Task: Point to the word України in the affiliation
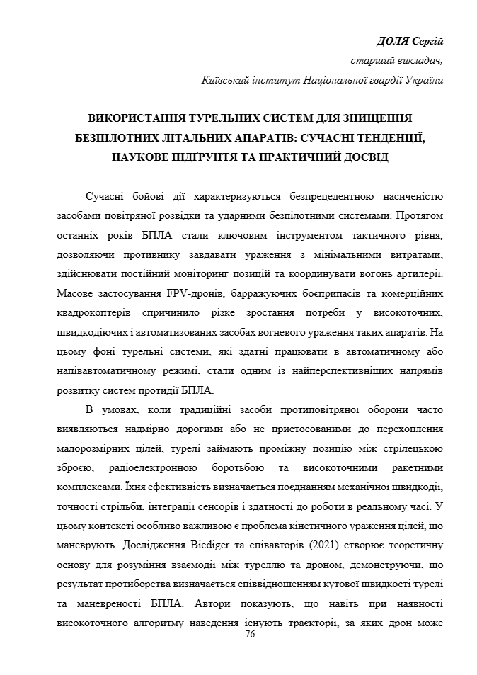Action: [423, 80]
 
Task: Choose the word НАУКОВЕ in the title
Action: [139, 156]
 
